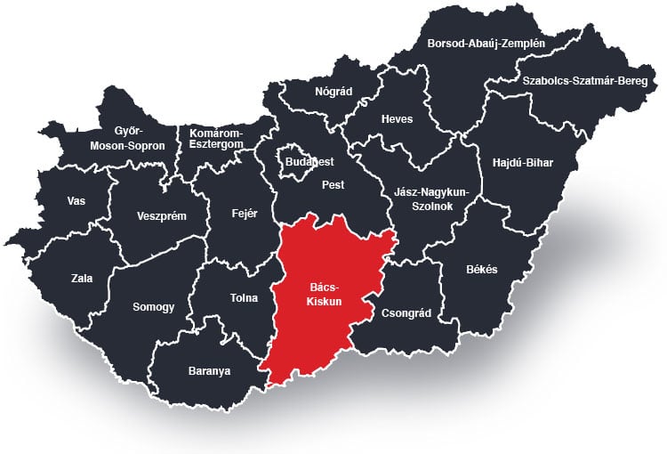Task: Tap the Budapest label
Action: coord(309,162)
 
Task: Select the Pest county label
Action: coord(333,185)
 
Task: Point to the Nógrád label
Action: coord(333,92)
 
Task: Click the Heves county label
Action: coord(397,119)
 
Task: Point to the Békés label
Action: coord(482,269)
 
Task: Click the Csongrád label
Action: coord(406,313)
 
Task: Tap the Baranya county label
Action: coord(209,371)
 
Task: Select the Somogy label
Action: coord(153,307)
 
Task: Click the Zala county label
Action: coord(82,278)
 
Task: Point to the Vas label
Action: coord(76,201)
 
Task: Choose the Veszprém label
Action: coord(161,215)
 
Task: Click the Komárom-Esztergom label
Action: coord(215,140)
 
